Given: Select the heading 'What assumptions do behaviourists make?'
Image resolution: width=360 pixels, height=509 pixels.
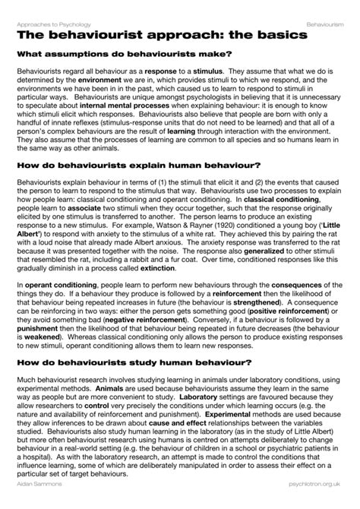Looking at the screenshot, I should (x=125, y=54).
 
